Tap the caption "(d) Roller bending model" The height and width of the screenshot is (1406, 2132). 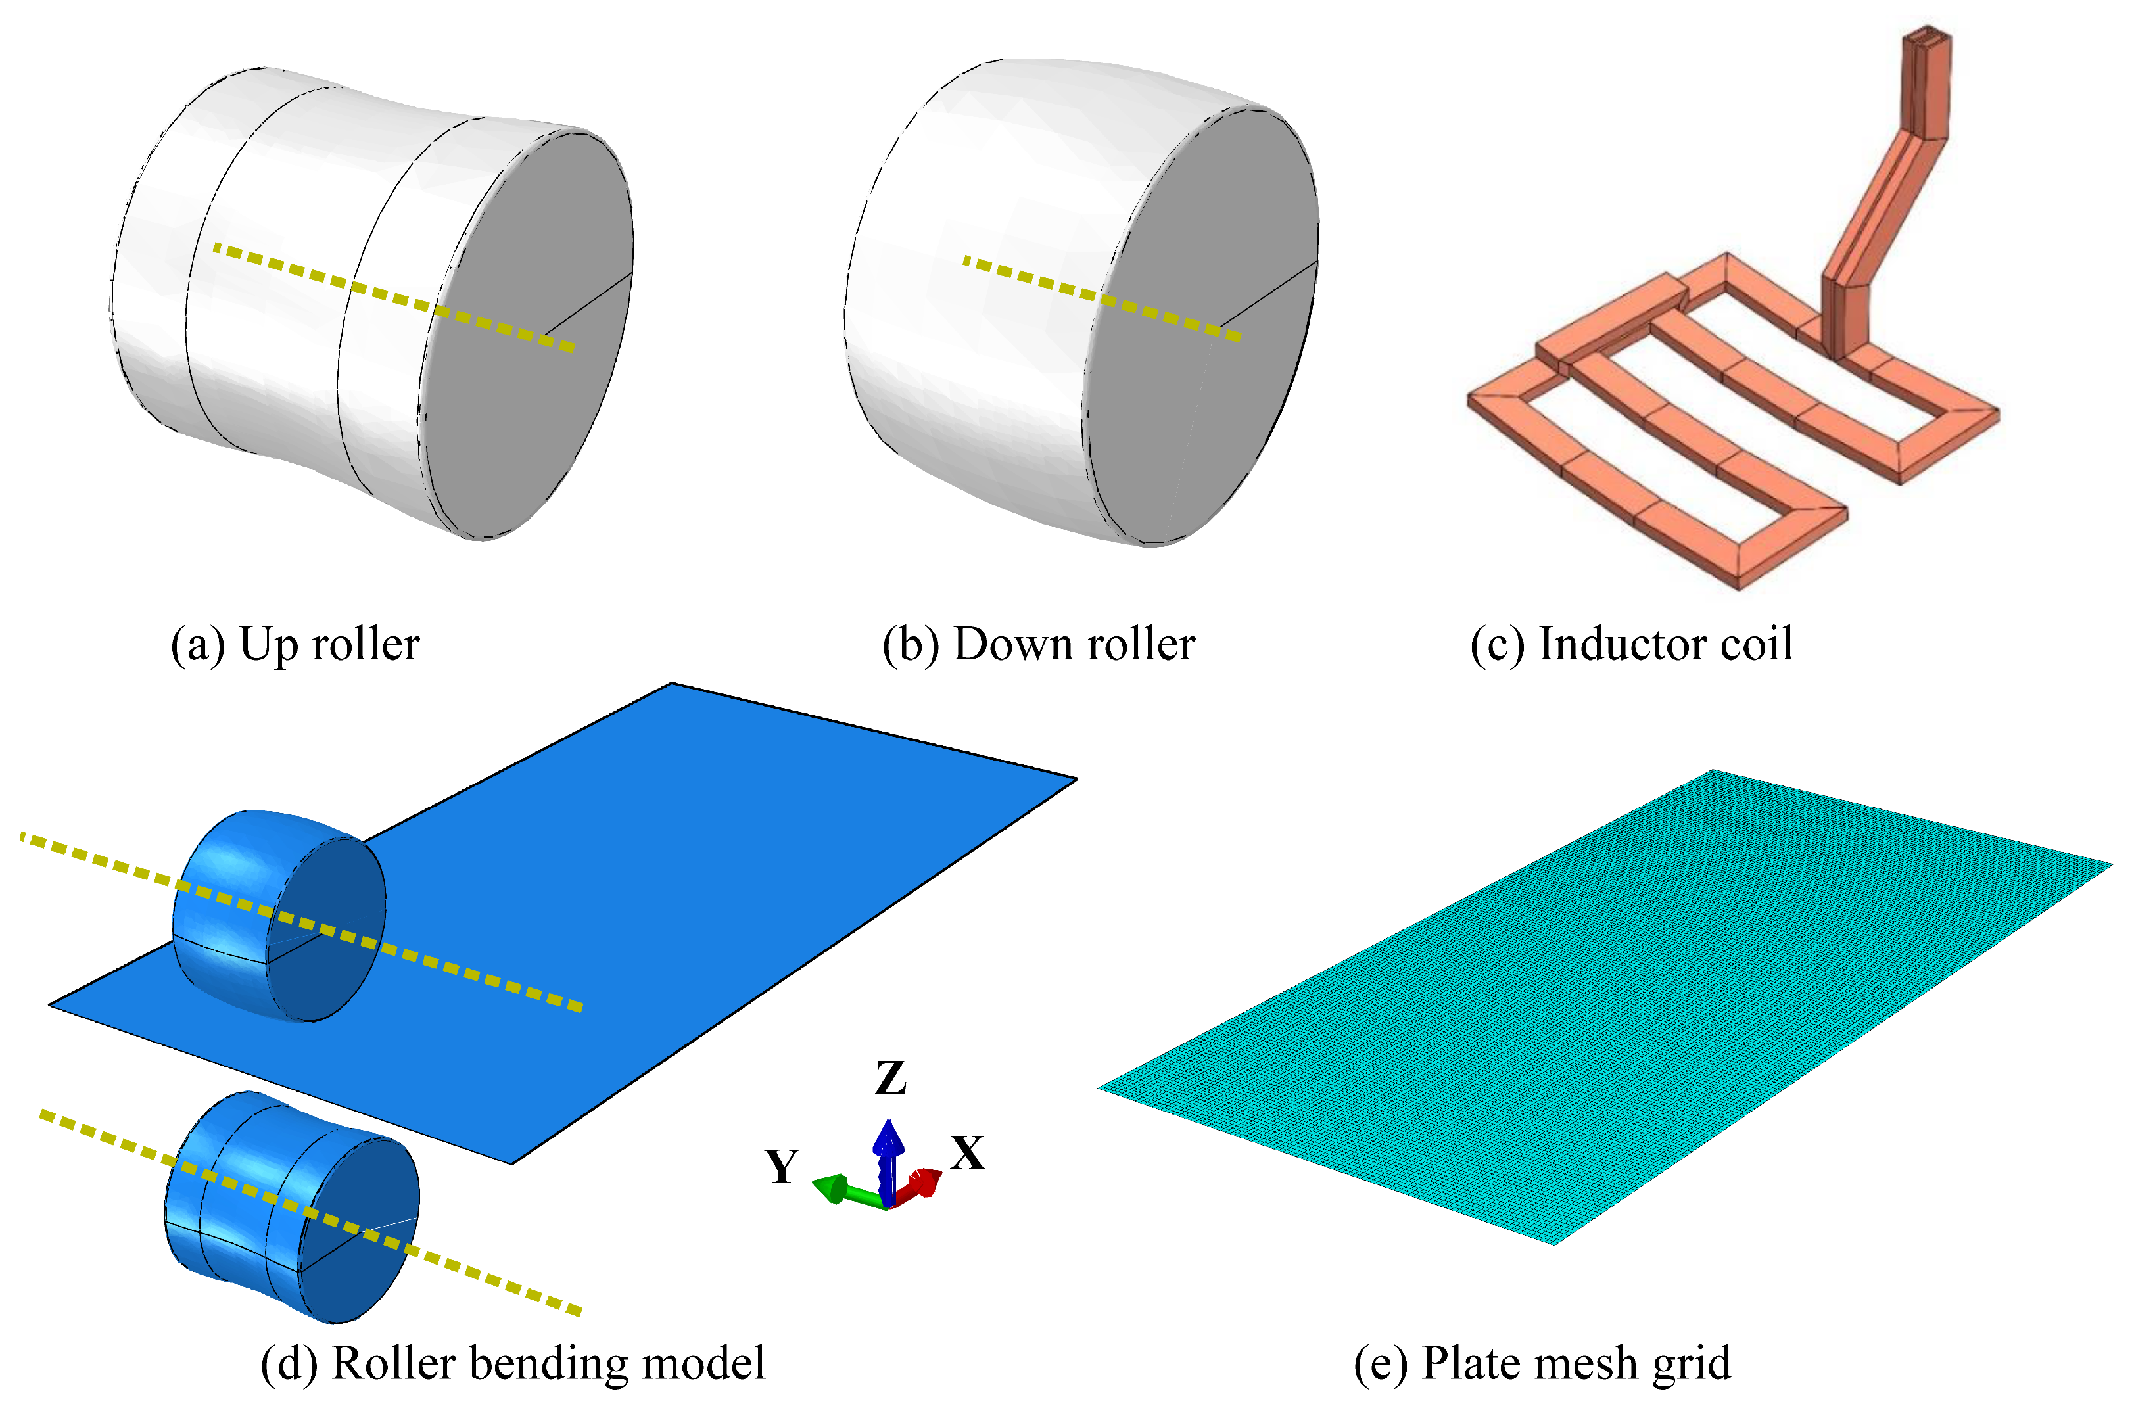coord(513,1364)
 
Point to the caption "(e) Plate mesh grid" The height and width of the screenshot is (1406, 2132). coord(1542,1364)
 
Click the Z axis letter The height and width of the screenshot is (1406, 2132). coord(890,1079)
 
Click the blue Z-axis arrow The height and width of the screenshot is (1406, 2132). coord(888,1157)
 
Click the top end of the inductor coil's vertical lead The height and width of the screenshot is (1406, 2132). coord(1926,40)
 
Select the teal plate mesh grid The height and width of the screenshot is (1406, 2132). coord(1605,1004)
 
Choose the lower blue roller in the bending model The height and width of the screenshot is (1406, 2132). coord(287,1206)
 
